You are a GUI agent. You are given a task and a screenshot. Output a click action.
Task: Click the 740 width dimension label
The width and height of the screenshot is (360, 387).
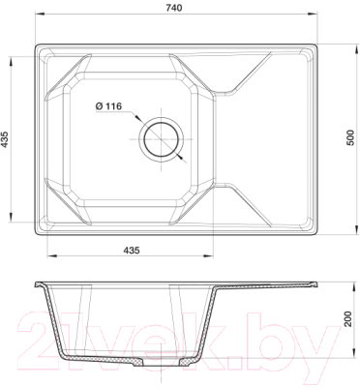[x=174, y=8]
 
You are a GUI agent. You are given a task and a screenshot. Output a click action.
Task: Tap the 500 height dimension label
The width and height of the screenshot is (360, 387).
[x=350, y=138]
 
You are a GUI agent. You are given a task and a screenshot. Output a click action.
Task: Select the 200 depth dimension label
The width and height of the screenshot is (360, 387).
[x=347, y=318]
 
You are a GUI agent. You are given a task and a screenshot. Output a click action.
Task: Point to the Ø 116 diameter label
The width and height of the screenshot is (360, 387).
[x=108, y=105]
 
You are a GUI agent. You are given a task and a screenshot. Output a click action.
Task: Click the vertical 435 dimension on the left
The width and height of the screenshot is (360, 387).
[x=4, y=139]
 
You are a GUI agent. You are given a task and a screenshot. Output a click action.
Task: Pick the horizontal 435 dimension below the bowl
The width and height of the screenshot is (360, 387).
[x=132, y=251]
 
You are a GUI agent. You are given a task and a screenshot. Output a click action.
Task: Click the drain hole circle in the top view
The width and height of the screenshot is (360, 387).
[x=162, y=139]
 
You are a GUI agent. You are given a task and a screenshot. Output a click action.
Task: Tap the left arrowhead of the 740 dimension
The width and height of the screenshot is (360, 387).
[x=40, y=14]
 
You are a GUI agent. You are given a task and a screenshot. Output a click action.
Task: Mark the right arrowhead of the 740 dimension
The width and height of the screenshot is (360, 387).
[x=313, y=14]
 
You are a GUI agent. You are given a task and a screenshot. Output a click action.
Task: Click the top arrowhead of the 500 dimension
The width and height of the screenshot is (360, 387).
[x=357, y=49]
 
